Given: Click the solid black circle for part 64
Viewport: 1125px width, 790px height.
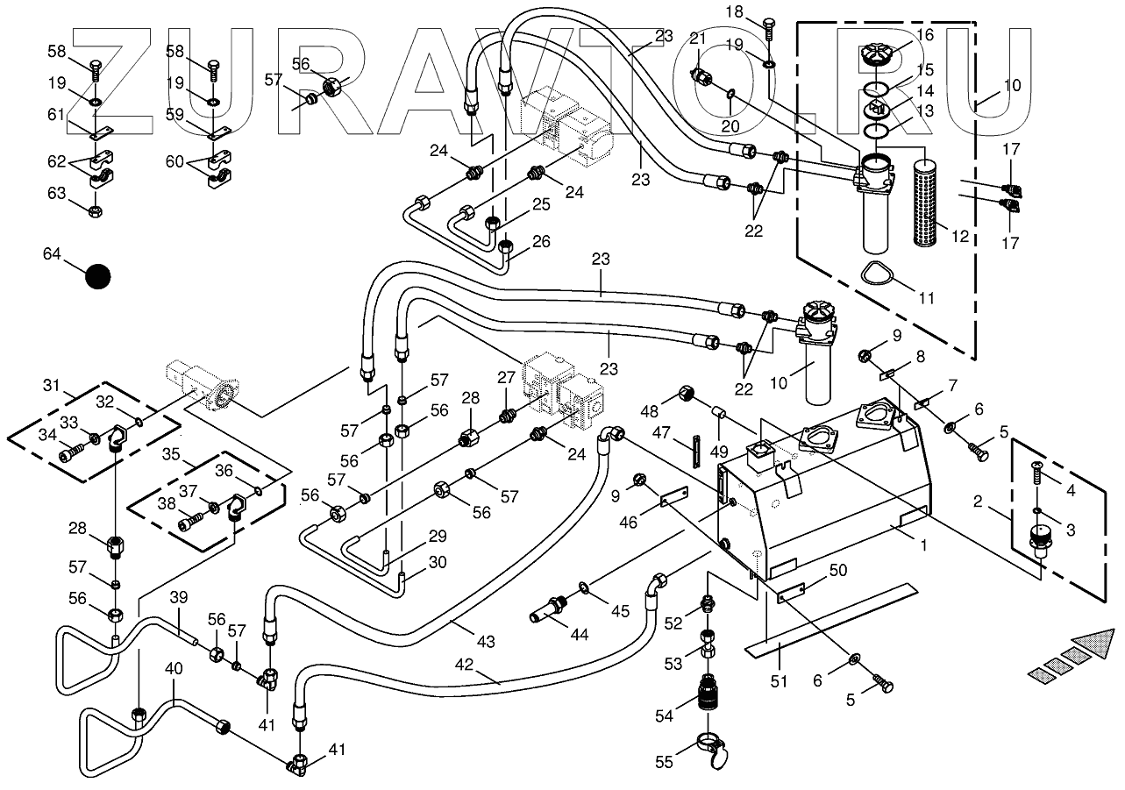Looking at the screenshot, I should [x=98, y=276].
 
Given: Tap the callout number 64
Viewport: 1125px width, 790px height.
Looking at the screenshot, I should [x=53, y=254].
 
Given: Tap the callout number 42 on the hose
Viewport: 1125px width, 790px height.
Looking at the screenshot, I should [x=464, y=665].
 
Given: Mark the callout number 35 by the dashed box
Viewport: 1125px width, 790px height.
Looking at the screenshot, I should [x=170, y=455].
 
